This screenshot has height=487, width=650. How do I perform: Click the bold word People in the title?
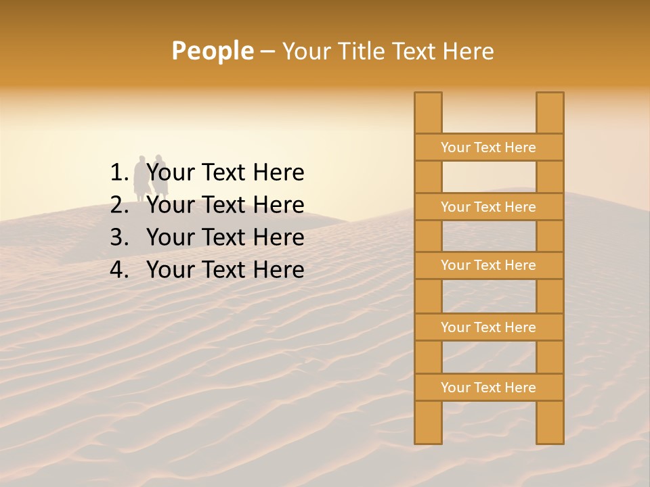(212, 51)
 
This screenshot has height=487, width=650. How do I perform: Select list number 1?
(119, 173)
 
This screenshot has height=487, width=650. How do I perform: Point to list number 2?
(119, 205)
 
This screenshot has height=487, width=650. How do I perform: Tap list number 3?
(119, 237)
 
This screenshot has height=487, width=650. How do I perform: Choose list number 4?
(119, 270)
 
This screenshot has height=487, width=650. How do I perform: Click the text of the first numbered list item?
(225, 173)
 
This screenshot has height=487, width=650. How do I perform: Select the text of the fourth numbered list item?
(225, 270)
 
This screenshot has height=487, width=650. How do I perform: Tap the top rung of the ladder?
(489, 147)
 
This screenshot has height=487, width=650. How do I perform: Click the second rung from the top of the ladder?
(489, 207)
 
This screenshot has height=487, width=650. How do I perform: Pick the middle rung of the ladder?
(489, 265)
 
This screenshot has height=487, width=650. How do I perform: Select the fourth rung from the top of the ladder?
(489, 327)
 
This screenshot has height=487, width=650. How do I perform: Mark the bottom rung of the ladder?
(489, 388)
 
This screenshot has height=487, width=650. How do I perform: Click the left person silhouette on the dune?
(140, 179)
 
